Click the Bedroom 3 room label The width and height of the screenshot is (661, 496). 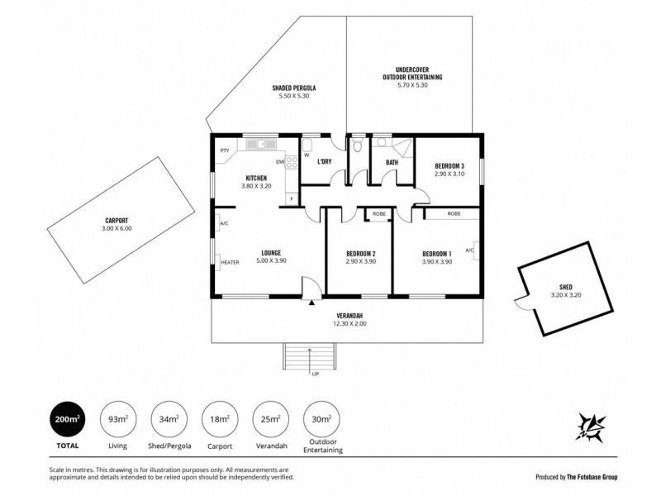tap(449, 165)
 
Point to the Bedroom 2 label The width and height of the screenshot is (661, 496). tap(360, 253)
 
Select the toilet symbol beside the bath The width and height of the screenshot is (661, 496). tap(357, 147)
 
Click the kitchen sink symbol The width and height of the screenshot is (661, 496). tap(261, 144)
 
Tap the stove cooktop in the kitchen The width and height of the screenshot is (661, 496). tap(292, 163)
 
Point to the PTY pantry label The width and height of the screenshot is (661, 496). tap(224, 150)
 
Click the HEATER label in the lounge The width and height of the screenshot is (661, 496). tap(230, 263)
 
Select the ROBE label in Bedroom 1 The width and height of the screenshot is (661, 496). tap(454, 213)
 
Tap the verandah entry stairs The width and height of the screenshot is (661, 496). tap(310, 358)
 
